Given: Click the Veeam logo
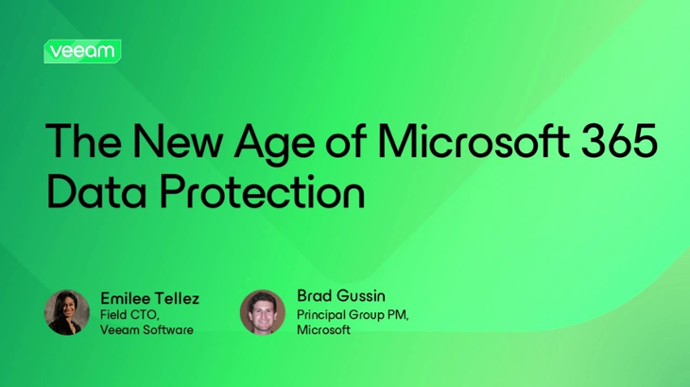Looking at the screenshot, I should tap(82, 51).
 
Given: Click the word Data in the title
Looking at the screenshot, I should tap(89, 192).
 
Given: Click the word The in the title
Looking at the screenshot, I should tap(79, 142).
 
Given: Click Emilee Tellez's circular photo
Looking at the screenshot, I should tap(67, 312).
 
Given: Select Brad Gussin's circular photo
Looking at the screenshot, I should tap(263, 312).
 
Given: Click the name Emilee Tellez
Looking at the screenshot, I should tap(149, 298).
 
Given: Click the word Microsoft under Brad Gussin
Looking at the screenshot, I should tap(323, 329).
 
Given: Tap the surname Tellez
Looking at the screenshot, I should tap(177, 298).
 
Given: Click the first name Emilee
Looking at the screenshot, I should tap(125, 298).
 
